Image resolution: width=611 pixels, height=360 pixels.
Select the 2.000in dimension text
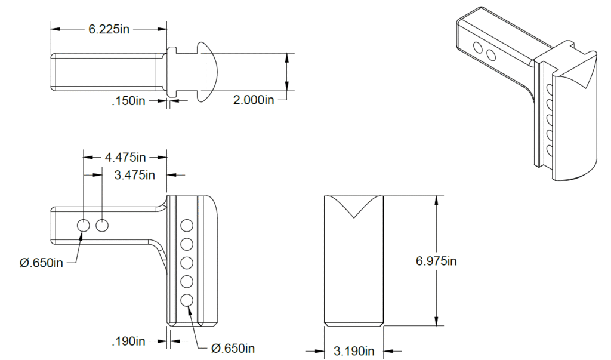pos(254,100)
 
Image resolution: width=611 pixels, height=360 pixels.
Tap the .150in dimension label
pos(129,101)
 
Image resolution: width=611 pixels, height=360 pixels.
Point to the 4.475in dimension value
pos(125,158)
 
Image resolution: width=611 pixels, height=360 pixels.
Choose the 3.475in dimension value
pos(134,175)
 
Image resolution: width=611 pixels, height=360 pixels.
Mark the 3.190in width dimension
pos(354,350)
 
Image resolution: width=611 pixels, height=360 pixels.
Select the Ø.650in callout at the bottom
pos(233,347)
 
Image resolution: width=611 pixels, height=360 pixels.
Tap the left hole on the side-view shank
pos(83,225)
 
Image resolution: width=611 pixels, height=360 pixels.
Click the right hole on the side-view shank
pos(102,225)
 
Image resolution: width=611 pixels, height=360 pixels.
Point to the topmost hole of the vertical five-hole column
pos(187,225)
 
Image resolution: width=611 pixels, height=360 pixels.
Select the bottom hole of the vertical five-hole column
pos(187,300)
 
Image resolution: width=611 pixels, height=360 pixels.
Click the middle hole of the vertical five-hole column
pos(187,263)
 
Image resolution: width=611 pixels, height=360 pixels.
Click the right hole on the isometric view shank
pos(491,55)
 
